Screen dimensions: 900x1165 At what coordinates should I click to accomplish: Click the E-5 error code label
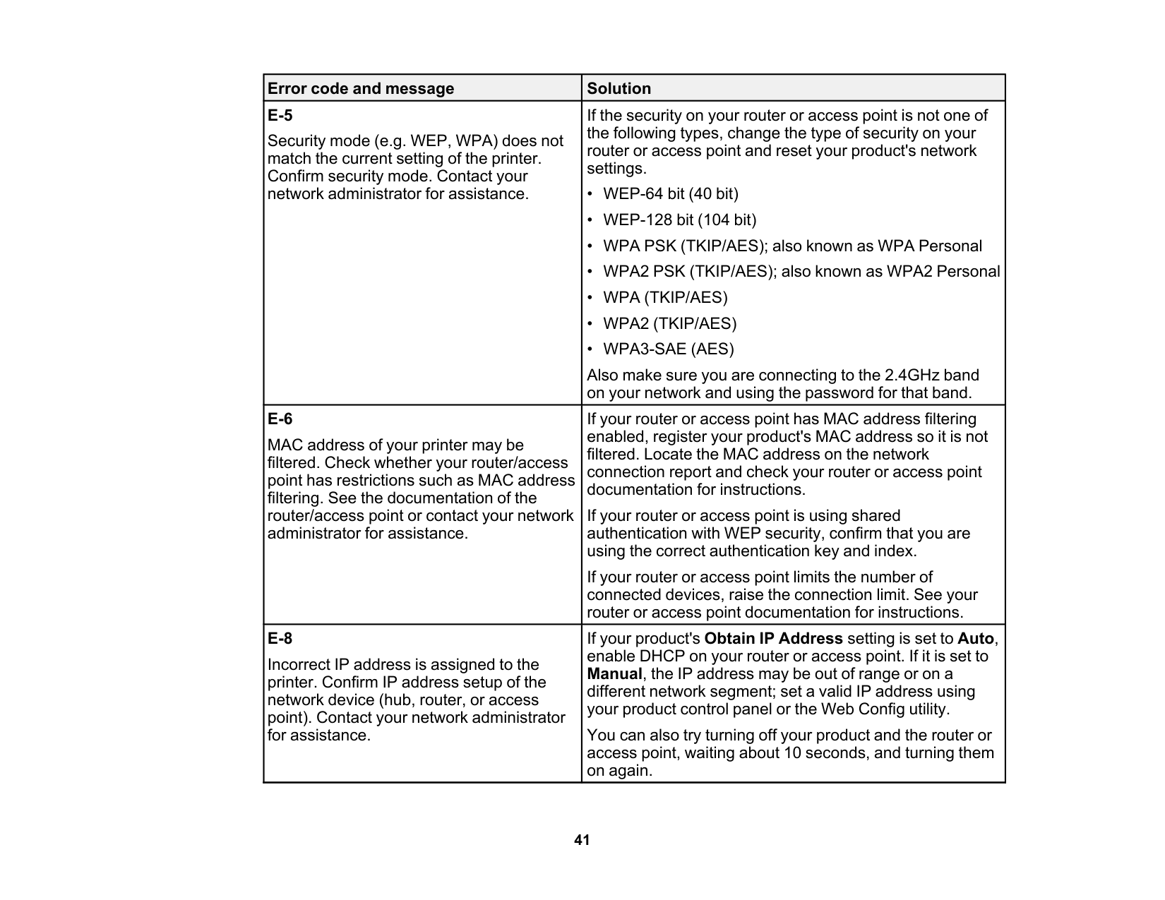pos(280,115)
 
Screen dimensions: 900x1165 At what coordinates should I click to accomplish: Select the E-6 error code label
pos(280,419)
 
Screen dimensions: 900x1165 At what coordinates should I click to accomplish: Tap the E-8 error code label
pos(280,639)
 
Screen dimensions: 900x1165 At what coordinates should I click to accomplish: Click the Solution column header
pos(619,88)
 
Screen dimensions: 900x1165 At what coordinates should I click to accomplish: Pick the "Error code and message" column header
pos(361,88)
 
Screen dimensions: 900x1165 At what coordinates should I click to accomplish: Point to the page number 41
pos(582,840)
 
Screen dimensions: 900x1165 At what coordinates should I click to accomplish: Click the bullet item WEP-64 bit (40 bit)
pos(670,194)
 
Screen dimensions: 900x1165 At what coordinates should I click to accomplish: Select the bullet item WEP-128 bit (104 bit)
pos(679,220)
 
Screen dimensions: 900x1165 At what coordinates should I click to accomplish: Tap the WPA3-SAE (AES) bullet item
pos(668,349)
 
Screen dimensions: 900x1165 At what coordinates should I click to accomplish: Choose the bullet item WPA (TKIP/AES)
pos(665,298)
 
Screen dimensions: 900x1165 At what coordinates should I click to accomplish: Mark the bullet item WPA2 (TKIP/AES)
pos(669,323)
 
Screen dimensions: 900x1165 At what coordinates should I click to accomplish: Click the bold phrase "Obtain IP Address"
pos(773,639)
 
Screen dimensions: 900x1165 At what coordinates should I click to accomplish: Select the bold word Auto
pos(976,639)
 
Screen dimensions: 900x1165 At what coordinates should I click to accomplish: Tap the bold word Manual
pos(614,674)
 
